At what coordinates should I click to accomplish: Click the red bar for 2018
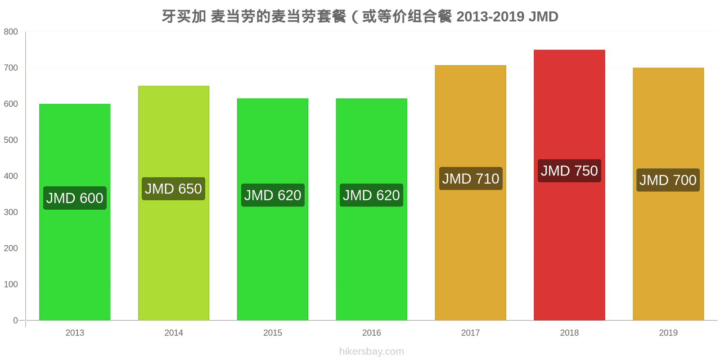tap(569, 185)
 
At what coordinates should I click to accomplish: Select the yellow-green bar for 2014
tap(174, 203)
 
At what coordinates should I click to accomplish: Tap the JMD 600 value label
tap(75, 198)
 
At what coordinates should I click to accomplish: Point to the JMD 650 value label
tap(174, 189)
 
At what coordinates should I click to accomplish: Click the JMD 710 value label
tap(471, 178)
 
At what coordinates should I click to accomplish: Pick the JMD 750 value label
tap(569, 171)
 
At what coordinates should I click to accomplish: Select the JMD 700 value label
tap(668, 180)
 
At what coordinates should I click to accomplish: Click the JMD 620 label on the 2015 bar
tap(273, 195)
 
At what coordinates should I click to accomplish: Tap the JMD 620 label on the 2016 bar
tap(371, 195)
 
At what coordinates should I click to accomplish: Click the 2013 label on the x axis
tap(75, 333)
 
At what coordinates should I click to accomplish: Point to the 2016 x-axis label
tap(372, 333)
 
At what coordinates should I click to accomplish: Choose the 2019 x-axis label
tap(668, 333)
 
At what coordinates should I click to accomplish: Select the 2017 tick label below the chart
tap(471, 333)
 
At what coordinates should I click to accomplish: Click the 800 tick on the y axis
tap(11, 31)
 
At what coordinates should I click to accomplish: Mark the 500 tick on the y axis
tap(11, 140)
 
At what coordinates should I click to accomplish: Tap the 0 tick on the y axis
tap(15, 320)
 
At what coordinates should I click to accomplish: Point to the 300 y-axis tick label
tap(11, 212)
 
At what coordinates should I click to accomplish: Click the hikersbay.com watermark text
tap(372, 351)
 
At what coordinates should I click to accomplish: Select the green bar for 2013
tap(75, 212)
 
